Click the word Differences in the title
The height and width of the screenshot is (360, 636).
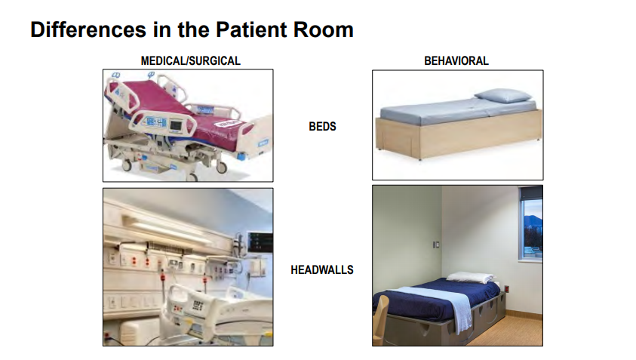[x=88, y=29]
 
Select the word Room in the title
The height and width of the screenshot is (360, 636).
[x=323, y=29]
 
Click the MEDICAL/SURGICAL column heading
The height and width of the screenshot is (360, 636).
[x=191, y=61]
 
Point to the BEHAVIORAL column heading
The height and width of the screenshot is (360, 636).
[x=456, y=61]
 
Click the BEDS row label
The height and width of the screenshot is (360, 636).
[x=322, y=126]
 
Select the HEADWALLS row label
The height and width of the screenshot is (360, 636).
[x=322, y=270]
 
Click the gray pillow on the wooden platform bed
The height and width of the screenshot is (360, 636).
[x=502, y=95]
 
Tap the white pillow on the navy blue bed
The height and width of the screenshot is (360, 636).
[x=470, y=278]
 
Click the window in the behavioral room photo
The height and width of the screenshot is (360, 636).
[x=532, y=223]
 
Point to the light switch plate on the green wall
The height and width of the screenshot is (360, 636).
[x=436, y=245]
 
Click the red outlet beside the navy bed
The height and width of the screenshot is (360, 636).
[x=506, y=289]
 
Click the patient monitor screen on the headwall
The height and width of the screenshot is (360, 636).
[x=260, y=242]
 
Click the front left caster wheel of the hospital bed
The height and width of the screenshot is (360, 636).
[x=126, y=165]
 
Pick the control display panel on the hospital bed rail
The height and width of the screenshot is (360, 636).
[x=156, y=122]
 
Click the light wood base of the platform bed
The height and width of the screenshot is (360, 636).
[x=459, y=134]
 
